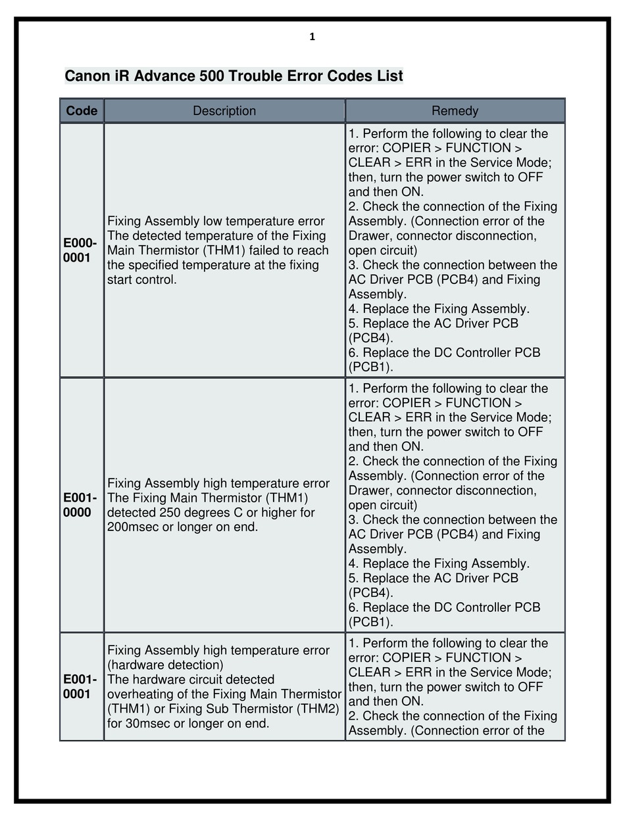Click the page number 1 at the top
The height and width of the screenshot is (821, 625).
[x=312, y=37]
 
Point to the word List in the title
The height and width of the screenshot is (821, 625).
[x=389, y=76]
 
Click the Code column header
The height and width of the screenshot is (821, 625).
[x=82, y=110]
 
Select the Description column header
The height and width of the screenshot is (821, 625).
[x=224, y=110]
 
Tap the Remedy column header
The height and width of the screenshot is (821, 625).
[x=455, y=110]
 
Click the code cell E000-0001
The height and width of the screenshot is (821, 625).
[x=80, y=250]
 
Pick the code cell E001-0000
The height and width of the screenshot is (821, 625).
[x=80, y=505]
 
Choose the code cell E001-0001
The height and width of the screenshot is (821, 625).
[x=80, y=687]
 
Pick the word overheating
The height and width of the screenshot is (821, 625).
[x=139, y=694]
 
